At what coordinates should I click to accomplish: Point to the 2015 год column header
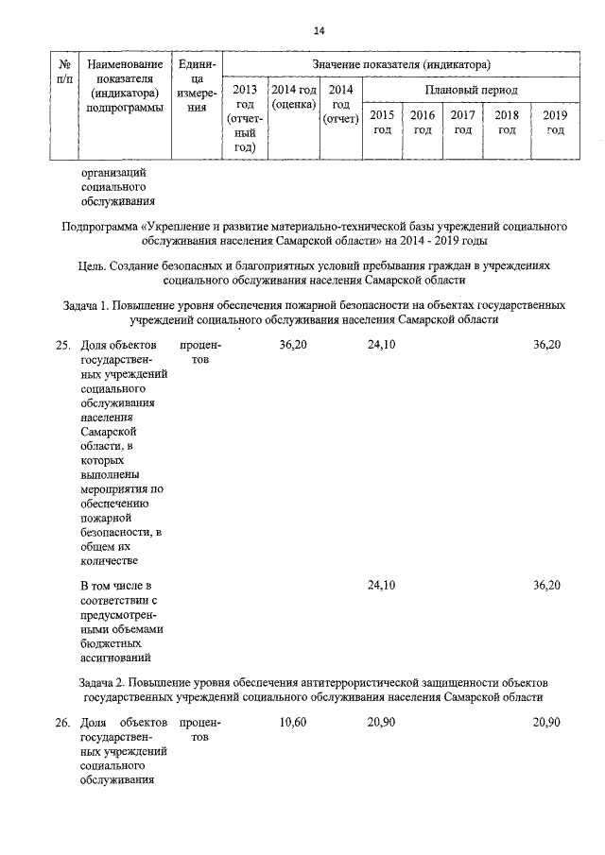click(x=382, y=122)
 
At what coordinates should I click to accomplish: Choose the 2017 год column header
click(x=462, y=122)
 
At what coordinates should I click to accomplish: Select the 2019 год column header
click(x=554, y=122)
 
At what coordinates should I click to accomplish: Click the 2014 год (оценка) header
click(x=293, y=96)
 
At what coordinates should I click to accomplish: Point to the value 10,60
click(x=293, y=723)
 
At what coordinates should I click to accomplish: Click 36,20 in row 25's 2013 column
click(x=293, y=346)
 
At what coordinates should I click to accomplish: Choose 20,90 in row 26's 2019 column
click(x=546, y=723)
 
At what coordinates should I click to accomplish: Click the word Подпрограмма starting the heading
click(x=98, y=228)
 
